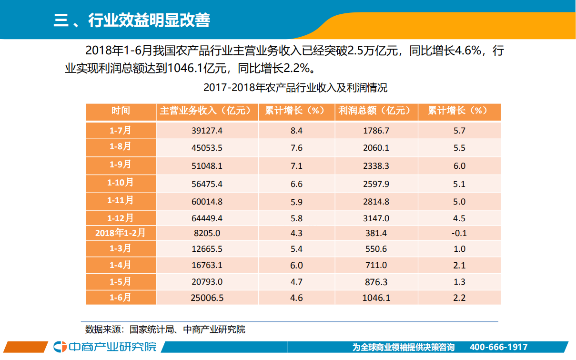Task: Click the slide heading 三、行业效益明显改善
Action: [132, 20]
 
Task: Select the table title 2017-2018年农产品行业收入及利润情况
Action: [295, 88]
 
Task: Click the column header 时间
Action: [121, 111]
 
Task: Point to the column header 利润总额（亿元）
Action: [376, 111]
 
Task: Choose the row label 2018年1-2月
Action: [121, 233]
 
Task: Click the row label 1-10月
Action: [121, 183]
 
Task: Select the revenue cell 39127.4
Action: [206, 131]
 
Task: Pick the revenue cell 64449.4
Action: [206, 219]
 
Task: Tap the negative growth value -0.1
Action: [459, 233]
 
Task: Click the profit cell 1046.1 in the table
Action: [376, 298]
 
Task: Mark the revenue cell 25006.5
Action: [206, 298]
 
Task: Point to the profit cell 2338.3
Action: [376, 166]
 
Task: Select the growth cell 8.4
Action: [296, 131]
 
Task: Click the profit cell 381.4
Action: [376, 233]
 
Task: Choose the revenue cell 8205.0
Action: [206, 233]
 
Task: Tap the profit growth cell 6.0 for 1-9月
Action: [459, 166]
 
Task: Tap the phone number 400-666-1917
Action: [498, 347]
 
